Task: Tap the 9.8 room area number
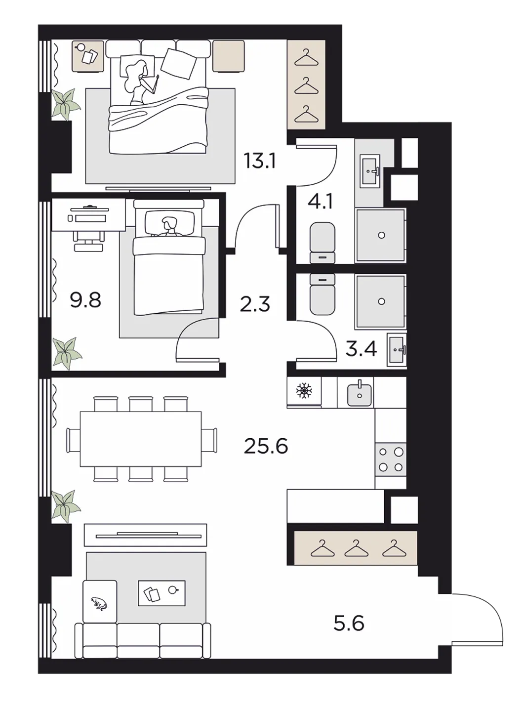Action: click(85, 300)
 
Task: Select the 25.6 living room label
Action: click(266, 446)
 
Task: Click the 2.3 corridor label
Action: click(255, 304)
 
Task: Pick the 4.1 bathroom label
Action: click(320, 202)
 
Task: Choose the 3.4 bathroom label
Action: click(361, 349)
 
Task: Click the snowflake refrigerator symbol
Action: click(304, 390)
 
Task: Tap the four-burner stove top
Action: click(391, 459)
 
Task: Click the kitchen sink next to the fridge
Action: click(360, 393)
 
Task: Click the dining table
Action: click(140, 439)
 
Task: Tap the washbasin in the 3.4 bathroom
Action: click(397, 350)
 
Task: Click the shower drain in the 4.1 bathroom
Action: click(381, 235)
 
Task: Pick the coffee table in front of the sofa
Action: click(162, 593)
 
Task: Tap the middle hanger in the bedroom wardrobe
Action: click(306, 86)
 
